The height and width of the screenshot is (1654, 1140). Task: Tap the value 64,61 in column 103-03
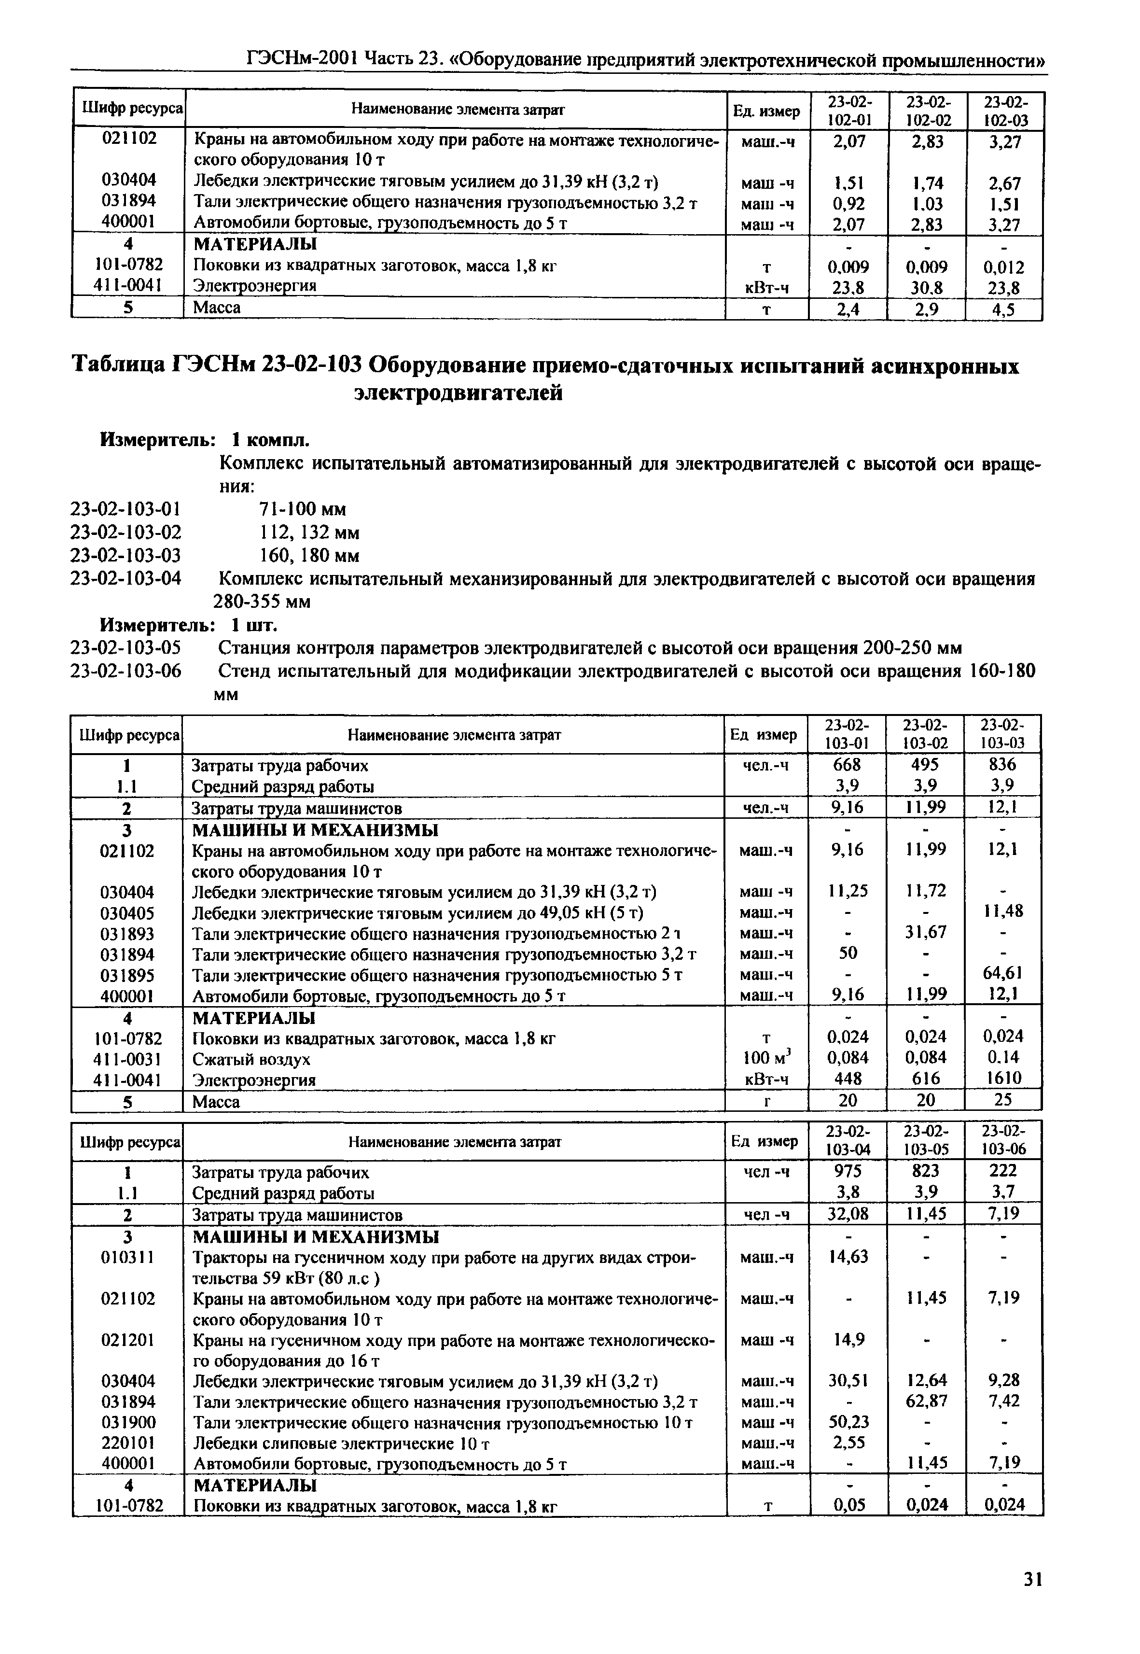click(1003, 973)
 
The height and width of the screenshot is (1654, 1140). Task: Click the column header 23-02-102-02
click(925, 110)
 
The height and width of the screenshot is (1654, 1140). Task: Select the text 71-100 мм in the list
click(302, 509)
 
